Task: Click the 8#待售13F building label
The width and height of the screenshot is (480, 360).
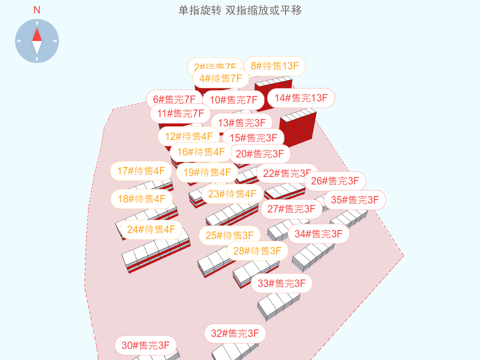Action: pos(274,66)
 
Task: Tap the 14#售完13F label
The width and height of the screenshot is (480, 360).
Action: pos(301,98)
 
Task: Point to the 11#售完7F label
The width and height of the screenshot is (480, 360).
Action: pos(180,113)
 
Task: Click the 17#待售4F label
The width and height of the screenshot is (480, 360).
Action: pos(141,171)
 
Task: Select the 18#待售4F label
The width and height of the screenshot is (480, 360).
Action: pos(141,199)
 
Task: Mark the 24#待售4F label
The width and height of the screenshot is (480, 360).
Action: pos(151,229)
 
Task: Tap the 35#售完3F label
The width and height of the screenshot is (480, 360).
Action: pos(355,200)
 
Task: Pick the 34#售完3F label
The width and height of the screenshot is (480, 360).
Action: pos(318,234)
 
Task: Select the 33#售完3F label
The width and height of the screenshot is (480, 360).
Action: pos(281,283)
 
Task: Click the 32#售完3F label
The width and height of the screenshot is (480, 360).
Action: pos(235,333)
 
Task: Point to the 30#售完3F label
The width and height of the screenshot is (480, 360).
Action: pos(145,345)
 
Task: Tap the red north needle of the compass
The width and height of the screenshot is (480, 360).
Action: pos(37,34)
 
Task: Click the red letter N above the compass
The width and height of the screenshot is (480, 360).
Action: pos(37,10)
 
